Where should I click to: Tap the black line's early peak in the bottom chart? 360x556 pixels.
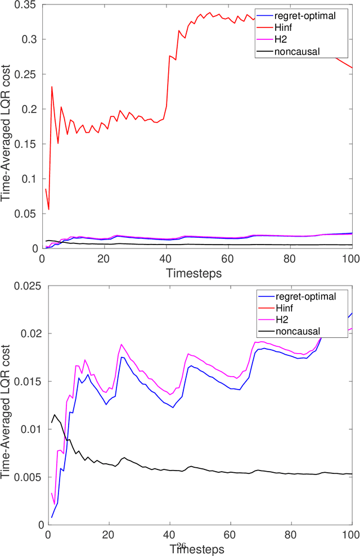coord(55,415)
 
